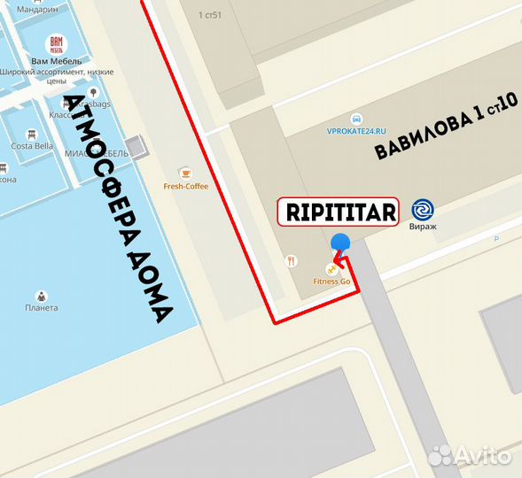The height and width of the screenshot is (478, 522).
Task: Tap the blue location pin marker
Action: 339,243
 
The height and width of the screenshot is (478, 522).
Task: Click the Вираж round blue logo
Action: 423,210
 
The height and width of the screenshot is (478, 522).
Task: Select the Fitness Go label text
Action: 332,281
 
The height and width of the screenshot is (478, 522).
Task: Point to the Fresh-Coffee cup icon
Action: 185,172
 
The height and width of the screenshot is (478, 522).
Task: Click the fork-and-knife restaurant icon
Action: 291,260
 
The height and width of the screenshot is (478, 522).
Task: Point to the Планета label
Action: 42,308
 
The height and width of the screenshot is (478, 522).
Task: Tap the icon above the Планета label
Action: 42,296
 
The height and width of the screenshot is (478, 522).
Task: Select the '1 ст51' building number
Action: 211,15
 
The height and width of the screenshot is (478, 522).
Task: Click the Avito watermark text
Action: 483,455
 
